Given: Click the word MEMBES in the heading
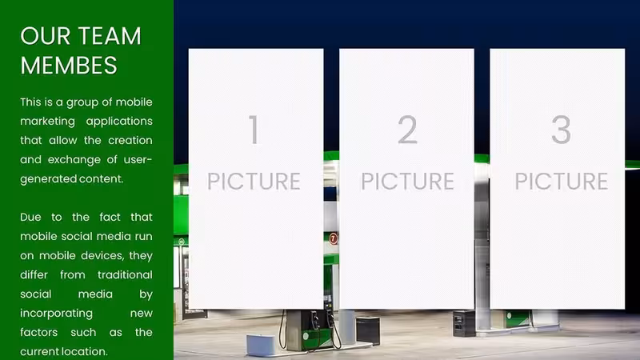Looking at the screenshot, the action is [69, 66].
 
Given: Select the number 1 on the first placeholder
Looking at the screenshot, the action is [254, 130].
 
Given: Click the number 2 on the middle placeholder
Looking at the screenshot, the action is [407, 130].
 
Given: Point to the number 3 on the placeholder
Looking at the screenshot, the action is [561, 130].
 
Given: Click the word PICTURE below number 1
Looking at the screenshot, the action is [254, 182].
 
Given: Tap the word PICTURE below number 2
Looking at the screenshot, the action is [407, 182].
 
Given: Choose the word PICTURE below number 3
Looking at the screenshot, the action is [562, 182].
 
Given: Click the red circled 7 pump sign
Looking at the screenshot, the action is [334, 238].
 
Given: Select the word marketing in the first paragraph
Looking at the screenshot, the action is [47, 122].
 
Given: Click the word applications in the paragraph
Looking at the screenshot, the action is [119, 122].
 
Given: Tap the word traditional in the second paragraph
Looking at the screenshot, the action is [125, 274].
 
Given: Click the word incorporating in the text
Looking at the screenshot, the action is [56, 314].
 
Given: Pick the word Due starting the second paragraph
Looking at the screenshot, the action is [30, 217].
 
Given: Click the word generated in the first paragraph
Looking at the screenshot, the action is [48, 179].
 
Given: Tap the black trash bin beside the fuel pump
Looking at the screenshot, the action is [368, 330].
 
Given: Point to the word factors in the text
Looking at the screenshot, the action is [38, 332].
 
